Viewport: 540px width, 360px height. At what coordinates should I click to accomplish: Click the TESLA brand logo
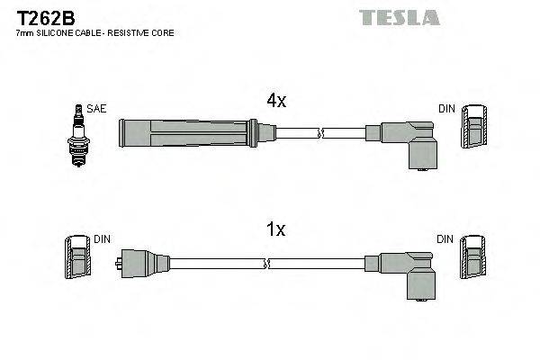pos(399,17)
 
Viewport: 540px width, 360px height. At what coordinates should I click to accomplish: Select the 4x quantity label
pos(274,102)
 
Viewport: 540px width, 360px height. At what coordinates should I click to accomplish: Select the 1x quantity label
pos(274,230)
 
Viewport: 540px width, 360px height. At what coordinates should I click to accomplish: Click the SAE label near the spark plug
pos(97,109)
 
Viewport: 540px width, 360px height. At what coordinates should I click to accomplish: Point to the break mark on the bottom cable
pos(266,263)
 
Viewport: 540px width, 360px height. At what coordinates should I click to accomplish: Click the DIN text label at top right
pos(447,109)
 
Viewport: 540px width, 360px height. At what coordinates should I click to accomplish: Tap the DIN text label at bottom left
pos(103,239)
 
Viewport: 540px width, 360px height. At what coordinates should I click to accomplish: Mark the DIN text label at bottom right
pos(447,239)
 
